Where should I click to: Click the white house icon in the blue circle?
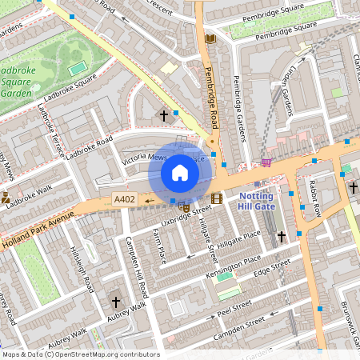point(180,173)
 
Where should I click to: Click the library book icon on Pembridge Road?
point(210,38)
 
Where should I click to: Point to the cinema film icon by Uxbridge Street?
point(217,198)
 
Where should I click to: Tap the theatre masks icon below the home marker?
point(185,206)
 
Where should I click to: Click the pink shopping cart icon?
point(266,162)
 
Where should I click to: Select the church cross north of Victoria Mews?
point(164,115)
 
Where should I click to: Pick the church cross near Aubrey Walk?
point(116,302)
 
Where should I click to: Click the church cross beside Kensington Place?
point(281,237)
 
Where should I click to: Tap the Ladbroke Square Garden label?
point(16,81)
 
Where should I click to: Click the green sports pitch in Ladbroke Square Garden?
point(77,69)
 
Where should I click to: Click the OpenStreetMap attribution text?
point(80,354)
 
